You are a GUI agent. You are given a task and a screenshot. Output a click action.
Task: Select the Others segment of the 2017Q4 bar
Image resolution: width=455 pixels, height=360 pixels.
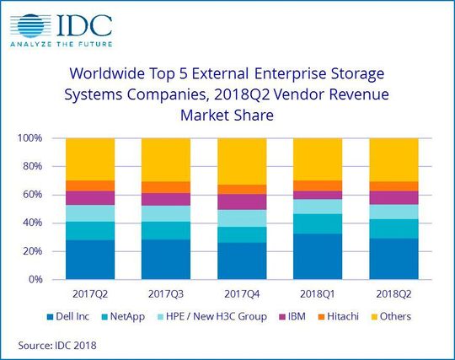click(242, 161)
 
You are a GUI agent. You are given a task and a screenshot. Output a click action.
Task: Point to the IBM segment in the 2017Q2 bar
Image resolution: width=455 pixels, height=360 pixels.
click(90, 197)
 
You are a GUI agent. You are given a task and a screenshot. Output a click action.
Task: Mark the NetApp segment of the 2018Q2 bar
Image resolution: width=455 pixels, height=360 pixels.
click(393, 228)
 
